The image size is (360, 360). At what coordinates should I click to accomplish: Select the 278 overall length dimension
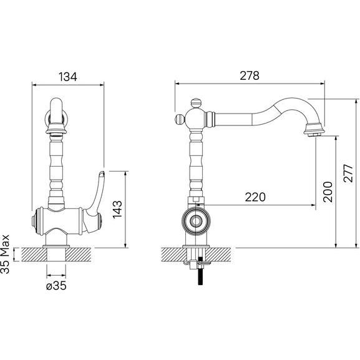coord(249,75)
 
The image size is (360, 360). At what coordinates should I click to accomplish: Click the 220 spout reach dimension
coord(255,197)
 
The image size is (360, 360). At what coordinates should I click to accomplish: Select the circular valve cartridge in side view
coord(196,220)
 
